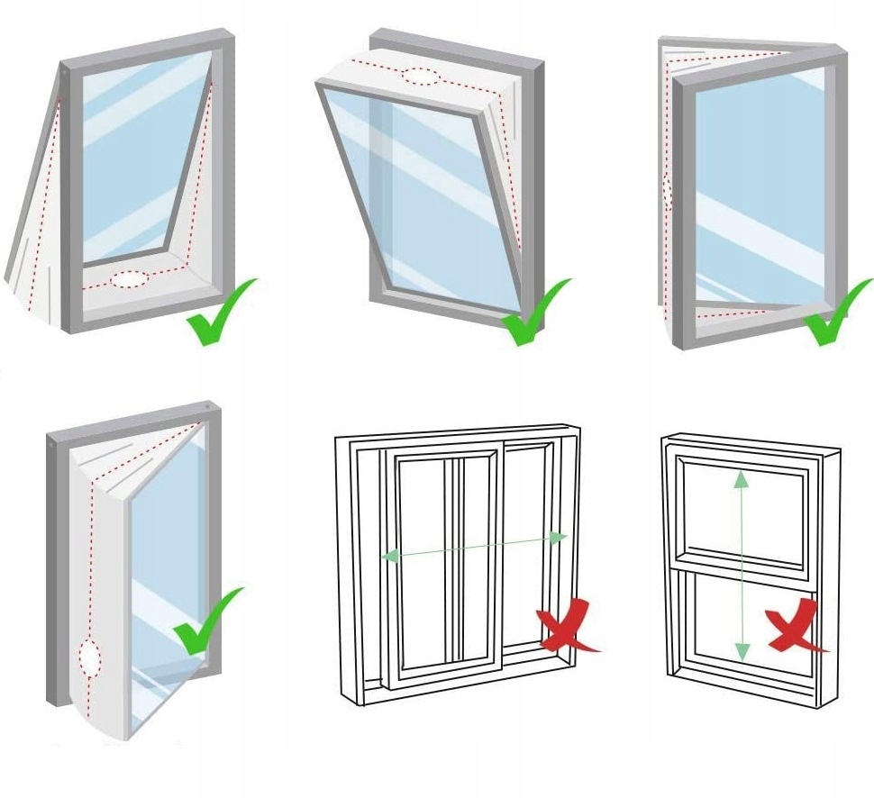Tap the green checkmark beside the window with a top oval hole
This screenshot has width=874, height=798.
(533, 313)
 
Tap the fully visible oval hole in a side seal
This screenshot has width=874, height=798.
(90, 657)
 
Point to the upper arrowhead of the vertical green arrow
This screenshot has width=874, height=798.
(741, 478)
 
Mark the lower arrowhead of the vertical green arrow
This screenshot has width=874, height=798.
(742, 650)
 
